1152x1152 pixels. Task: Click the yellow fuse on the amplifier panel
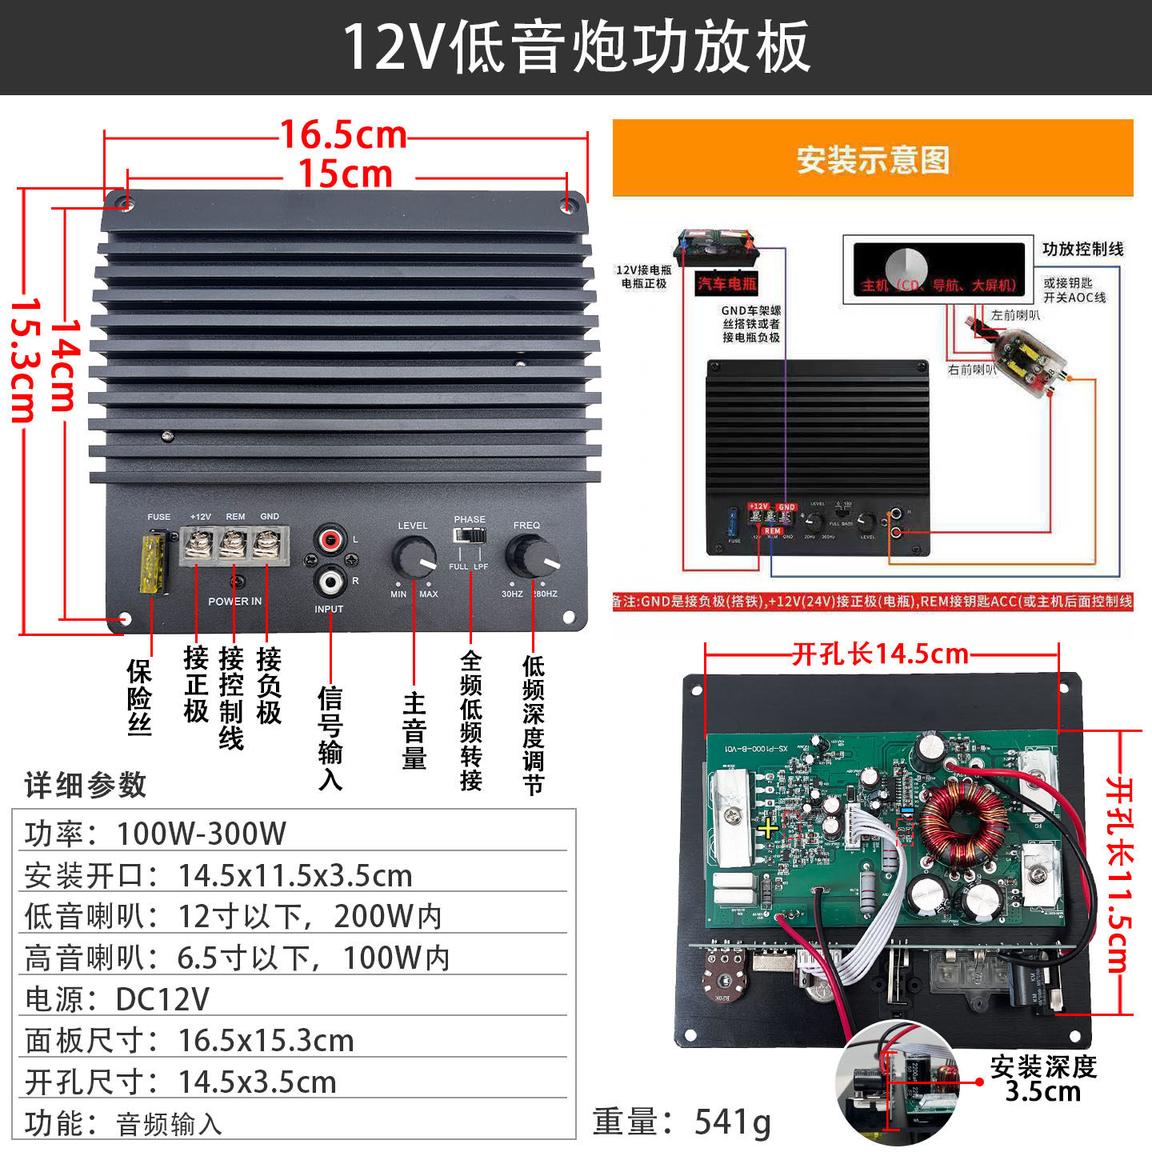[153, 563]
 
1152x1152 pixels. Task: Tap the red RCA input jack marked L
[330, 539]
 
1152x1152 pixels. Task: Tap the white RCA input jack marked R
[330, 580]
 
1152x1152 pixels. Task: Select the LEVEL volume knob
[414, 557]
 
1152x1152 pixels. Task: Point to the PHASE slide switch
[469, 535]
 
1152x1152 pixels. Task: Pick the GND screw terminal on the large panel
[268, 546]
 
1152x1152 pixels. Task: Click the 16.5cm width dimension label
[344, 135]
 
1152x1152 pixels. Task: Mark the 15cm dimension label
[346, 174]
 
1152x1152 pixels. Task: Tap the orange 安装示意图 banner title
[873, 159]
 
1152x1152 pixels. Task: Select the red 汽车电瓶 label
[726, 282]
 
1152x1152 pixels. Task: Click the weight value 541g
[732, 1122]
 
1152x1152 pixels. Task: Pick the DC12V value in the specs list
[162, 999]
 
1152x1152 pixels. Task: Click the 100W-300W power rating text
[202, 834]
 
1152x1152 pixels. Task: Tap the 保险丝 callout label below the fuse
[139, 697]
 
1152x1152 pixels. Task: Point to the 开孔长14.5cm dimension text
[880, 654]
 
